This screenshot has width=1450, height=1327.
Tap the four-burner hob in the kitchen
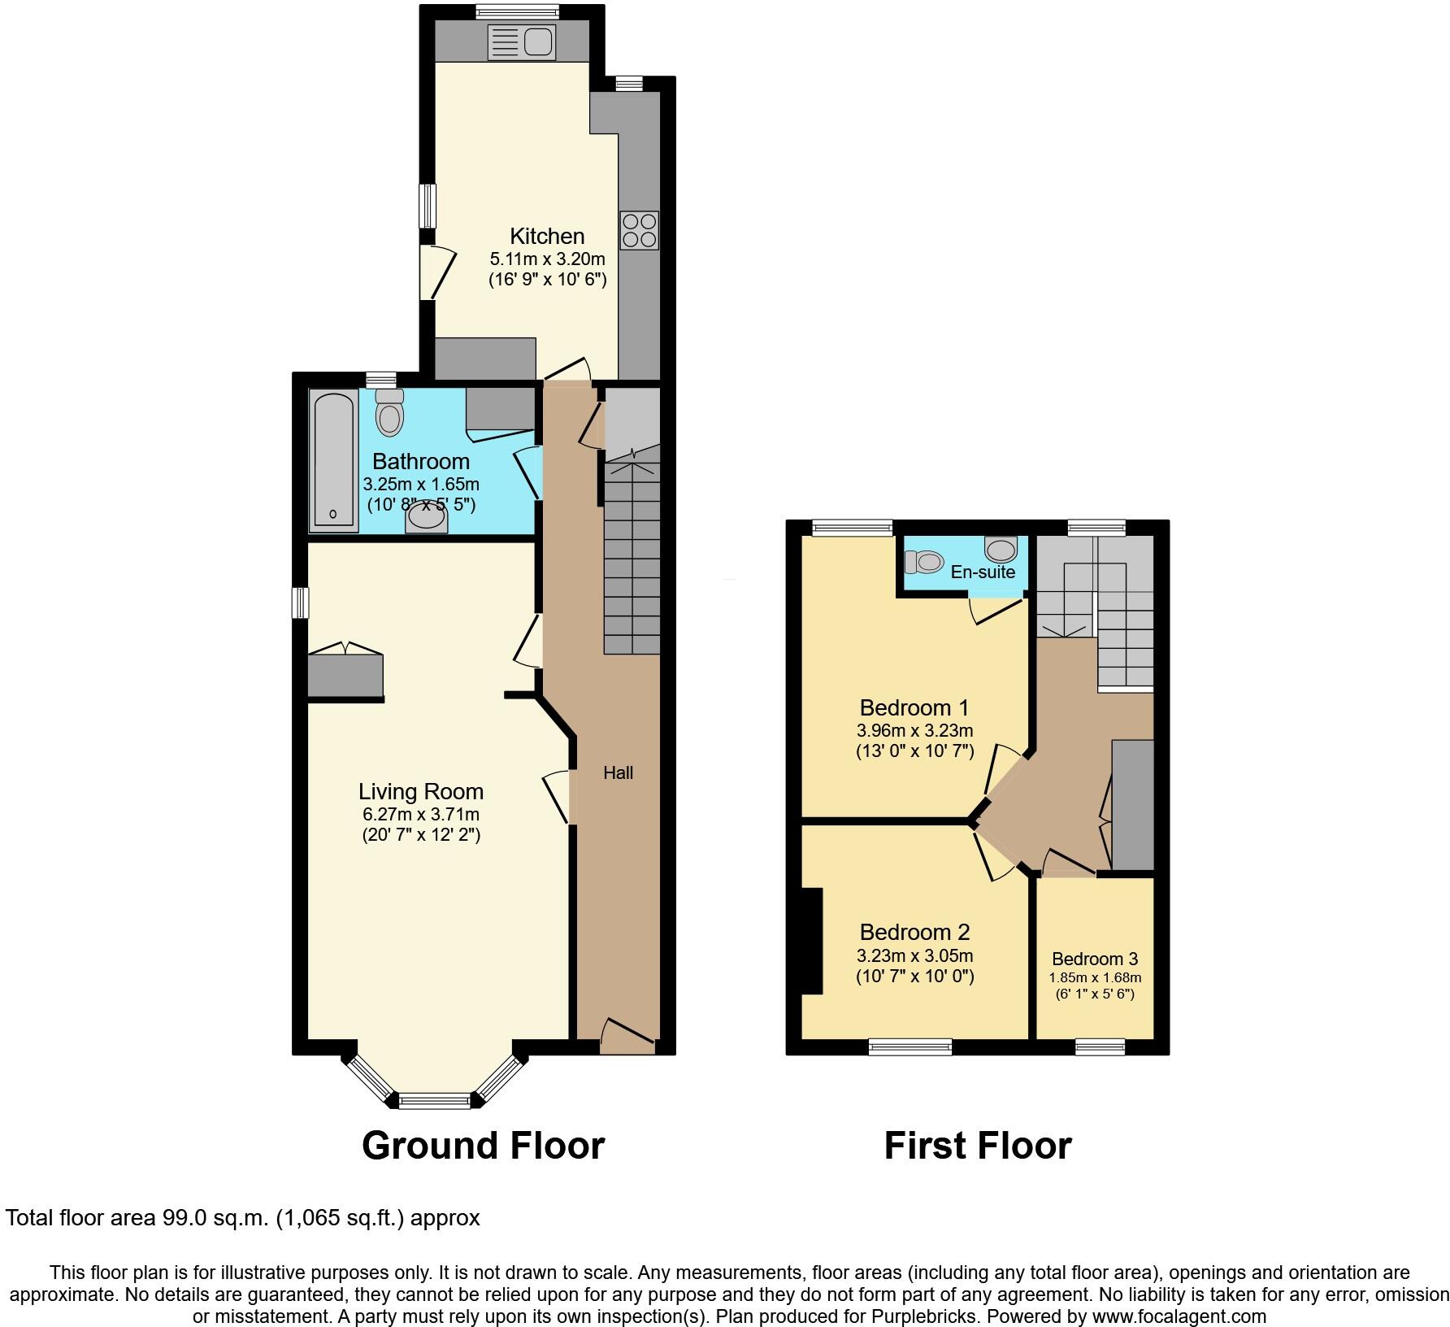coord(639,230)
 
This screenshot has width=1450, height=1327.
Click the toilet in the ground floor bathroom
coord(390,412)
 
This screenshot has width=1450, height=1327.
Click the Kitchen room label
coord(547,237)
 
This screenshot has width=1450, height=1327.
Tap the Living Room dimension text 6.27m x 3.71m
coord(421,814)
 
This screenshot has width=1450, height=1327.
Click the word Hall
coord(618,773)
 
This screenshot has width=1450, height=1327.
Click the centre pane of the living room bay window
coord(434,1102)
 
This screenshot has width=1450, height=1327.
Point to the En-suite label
coord(983,572)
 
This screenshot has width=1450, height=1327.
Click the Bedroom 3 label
coord(1094,959)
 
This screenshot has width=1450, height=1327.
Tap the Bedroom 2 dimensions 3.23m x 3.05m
coord(914,955)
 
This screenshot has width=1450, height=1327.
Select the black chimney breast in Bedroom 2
coord(812,941)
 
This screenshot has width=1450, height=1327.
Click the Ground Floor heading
coord(483,1146)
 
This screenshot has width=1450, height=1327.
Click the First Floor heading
coord(977,1146)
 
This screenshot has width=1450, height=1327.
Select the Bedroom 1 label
coord(914,707)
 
